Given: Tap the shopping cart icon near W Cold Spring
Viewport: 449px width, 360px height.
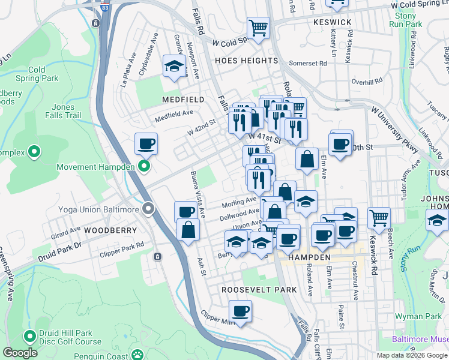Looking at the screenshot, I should point(258,27).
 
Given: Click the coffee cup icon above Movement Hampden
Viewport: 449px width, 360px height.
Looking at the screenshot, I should point(146,144).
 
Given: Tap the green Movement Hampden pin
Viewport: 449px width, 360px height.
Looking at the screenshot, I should point(143,166).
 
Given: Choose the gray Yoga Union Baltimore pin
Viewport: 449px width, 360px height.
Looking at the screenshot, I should point(148,209).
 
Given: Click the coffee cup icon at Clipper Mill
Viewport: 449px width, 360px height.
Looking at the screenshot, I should point(241,311).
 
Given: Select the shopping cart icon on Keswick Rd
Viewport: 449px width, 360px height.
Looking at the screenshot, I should point(379,218).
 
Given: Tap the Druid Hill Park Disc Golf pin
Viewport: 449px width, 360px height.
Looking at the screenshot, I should point(29,336).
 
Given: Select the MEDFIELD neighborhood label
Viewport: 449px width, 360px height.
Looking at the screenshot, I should point(182,99).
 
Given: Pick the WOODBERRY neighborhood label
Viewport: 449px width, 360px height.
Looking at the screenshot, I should point(107,230).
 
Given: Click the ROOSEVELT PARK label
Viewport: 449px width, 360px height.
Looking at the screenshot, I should point(259,289).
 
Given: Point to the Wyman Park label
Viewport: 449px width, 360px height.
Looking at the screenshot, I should point(418,316).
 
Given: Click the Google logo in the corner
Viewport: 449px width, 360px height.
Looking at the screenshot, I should point(20,353).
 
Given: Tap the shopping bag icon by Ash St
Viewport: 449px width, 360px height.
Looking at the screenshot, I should point(188,230).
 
